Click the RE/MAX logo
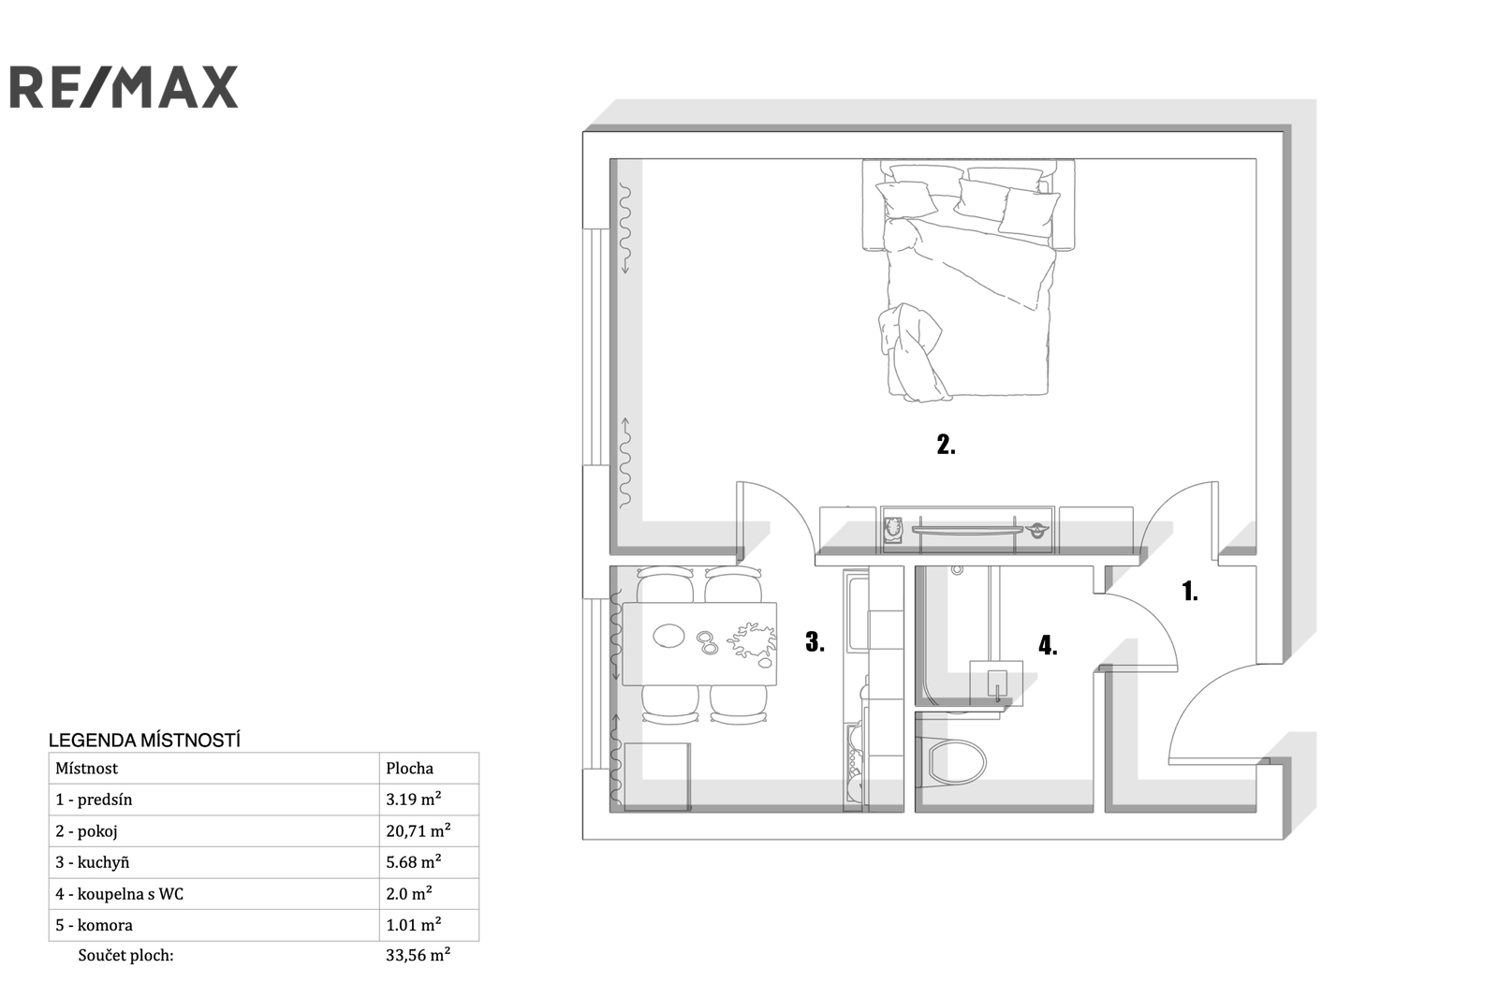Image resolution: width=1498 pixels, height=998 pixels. [x=124, y=87]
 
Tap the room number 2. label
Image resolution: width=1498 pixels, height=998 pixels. [x=947, y=445]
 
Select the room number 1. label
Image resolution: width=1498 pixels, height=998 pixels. [x=1190, y=592]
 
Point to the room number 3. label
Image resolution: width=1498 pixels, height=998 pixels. [x=815, y=642]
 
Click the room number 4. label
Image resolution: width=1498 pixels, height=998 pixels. [x=1048, y=645]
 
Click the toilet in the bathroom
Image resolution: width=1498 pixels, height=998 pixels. [x=952, y=762]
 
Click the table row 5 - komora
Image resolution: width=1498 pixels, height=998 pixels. [x=263, y=925]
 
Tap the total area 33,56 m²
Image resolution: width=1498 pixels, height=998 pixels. [x=418, y=955]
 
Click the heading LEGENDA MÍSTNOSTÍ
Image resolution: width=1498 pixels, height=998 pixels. [x=144, y=741]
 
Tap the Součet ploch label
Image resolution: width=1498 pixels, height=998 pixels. [x=125, y=955]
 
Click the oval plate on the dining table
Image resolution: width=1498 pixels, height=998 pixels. [x=668, y=636]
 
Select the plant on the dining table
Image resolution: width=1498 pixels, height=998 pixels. [x=753, y=642]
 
